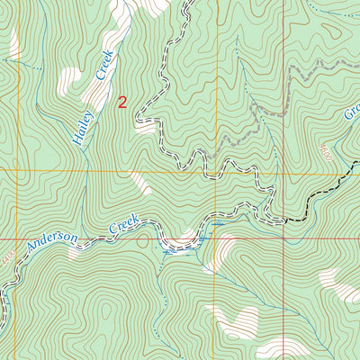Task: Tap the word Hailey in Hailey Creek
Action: (79, 125)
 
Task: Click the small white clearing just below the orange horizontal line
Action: (139, 184)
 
